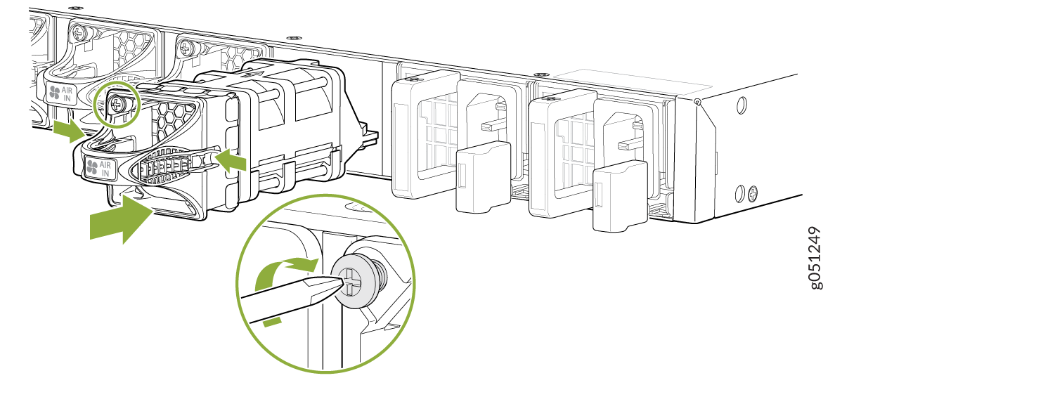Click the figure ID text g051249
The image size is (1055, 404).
[x=815, y=257]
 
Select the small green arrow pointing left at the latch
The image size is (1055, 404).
[x=232, y=160]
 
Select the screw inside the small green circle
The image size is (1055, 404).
[x=118, y=104]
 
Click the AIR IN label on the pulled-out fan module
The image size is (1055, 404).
[x=100, y=169]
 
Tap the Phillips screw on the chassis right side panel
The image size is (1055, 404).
[x=753, y=191]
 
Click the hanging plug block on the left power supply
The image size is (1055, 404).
[x=483, y=176]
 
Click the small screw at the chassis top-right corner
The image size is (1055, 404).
[x=696, y=103]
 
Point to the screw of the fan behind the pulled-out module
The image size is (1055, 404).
[x=186, y=48]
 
